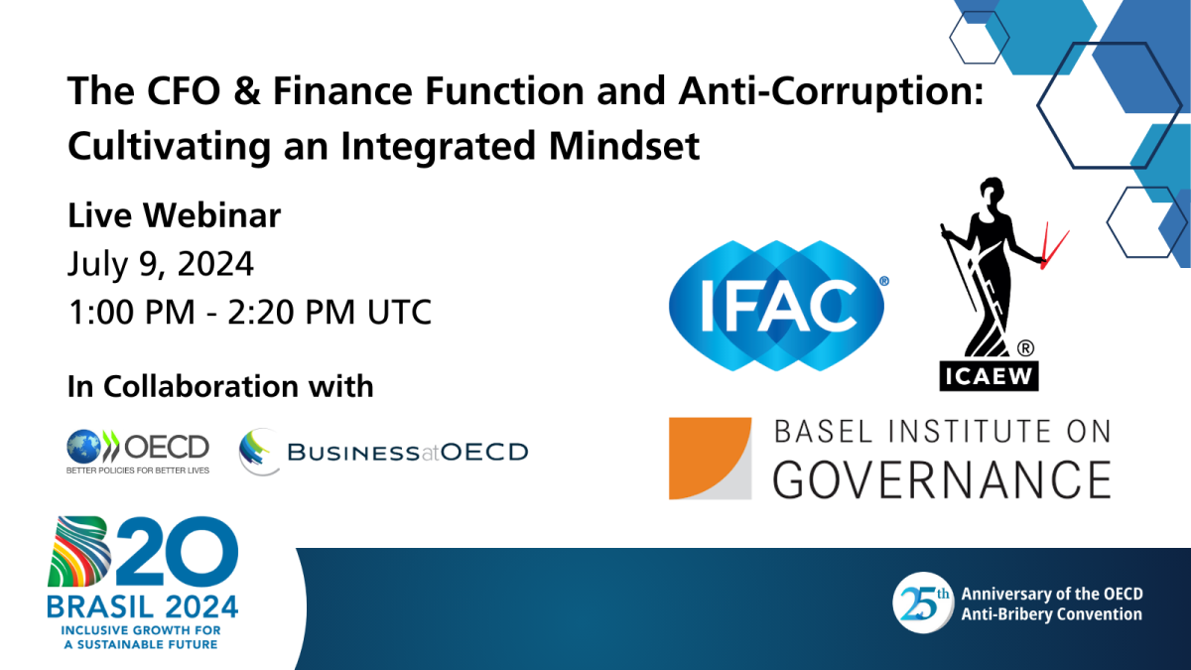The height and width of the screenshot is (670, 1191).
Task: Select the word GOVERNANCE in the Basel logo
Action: coord(941,478)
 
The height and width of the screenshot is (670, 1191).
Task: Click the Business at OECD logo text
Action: coord(407,453)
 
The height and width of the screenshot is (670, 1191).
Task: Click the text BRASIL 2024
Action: coord(142,605)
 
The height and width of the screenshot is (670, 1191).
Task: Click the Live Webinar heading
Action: coord(174,214)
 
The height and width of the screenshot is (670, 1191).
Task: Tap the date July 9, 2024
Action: coord(161,263)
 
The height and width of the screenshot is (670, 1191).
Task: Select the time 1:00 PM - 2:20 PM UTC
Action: coord(249,312)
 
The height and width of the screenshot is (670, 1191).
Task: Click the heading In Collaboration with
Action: coord(220,385)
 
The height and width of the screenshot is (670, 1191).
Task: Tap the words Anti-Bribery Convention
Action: coord(1051,614)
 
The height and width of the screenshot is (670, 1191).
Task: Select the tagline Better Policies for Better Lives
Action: coord(137,469)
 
